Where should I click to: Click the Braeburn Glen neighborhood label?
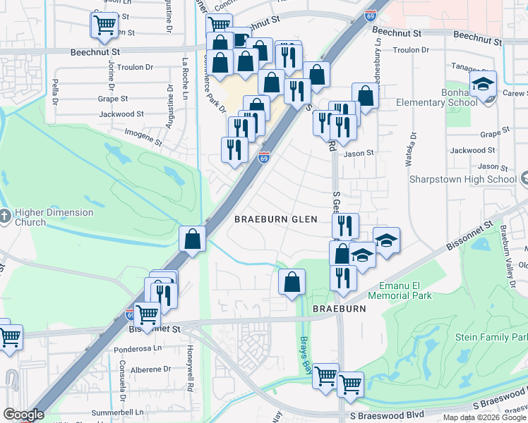point(276,219)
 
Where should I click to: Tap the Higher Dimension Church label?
point(54,217)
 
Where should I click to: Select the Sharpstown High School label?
point(464,179)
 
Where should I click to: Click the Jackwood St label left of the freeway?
point(121,114)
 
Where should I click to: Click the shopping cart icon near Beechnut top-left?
point(104,25)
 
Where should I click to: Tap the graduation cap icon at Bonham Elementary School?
point(484,85)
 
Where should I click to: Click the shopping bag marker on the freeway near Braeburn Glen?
point(192,239)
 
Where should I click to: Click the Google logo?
point(24,415)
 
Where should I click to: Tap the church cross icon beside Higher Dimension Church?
point(5,216)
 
